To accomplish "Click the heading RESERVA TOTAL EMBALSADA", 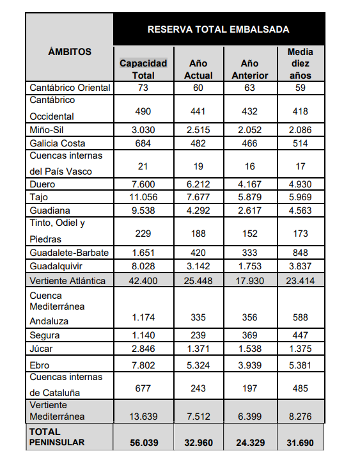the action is tap(219, 29).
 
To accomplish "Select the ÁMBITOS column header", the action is tap(70, 52).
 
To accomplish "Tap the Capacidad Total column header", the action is tap(143, 69).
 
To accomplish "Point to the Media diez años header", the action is tap(300, 63).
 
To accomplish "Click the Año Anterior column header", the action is tap(250, 69).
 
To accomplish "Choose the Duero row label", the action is tap(42, 184).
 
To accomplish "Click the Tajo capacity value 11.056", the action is tap(143, 197).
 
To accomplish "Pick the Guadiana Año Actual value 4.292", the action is tap(198, 210).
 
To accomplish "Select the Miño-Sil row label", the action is tap(46, 130).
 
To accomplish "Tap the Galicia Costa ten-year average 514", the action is tap(300, 143).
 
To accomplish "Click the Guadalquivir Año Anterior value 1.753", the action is tap(250, 266).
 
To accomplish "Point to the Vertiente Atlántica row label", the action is tap(67, 281).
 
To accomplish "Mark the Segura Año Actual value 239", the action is tap(198, 335).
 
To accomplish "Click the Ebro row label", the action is tap(40, 365).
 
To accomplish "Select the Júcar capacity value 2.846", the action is tap(143, 349).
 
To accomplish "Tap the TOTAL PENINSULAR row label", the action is tap(57, 437).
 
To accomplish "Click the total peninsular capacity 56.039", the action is tap(144, 443).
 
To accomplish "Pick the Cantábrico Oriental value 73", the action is tap(143, 88).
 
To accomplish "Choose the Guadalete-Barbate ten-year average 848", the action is tap(300, 253).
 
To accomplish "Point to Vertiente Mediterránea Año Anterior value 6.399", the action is tap(250, 416).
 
